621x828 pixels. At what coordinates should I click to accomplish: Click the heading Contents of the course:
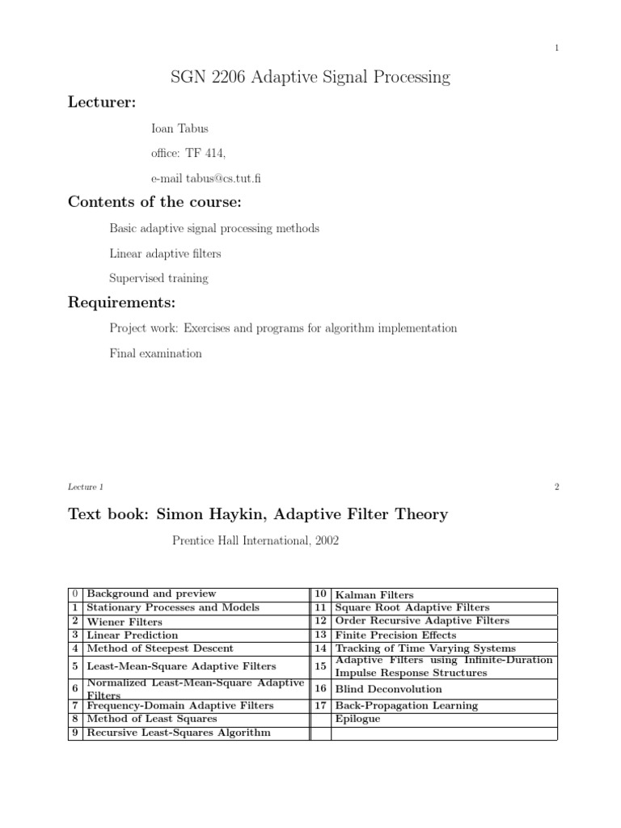[x=154, y=202]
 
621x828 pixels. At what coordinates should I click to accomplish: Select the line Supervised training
[x=158, y=278]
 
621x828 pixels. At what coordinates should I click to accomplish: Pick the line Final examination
[x=155, y=353]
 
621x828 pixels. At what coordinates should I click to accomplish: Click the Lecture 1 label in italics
[x=86, y=487]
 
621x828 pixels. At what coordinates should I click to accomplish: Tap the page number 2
[x=557, y=487]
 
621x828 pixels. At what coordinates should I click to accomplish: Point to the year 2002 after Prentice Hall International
[x=326, y=540]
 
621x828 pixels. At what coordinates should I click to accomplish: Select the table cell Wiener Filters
[x=124, y=622]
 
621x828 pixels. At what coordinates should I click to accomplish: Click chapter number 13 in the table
[x=320, y=635]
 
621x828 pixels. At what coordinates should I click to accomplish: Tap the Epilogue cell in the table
[x=357, y=718]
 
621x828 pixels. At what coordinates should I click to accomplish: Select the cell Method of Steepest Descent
[x=159, y=648]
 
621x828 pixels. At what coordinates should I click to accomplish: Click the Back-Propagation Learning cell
[x=406, y=705]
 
